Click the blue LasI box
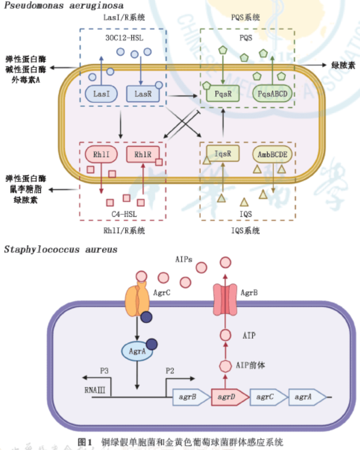(101, 93)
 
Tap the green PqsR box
(222, 93)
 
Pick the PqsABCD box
(271, 93)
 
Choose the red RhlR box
(142, 154)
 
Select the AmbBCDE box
(272, 154)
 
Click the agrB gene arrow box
(190, 397)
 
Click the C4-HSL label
(123, 214)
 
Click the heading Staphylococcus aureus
(61, 249)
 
